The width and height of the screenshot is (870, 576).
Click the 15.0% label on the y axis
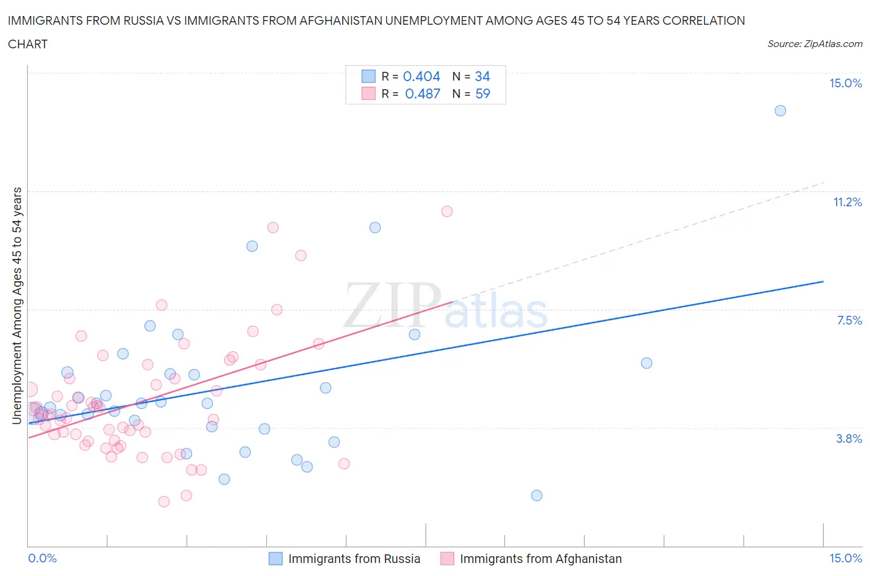(x=845, y=83)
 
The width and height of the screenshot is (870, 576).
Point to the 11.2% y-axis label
(x=847, y=202)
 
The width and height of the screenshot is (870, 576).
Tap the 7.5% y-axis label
(x=849, y=320)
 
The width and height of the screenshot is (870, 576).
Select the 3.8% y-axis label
(x=849, y=439)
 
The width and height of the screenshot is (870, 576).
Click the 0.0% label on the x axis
(x=42, y=558)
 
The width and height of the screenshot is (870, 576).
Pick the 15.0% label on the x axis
(x=845, y=558)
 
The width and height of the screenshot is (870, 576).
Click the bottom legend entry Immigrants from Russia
(x=354, y=559)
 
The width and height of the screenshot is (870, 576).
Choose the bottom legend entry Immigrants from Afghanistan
(x=540, y=559)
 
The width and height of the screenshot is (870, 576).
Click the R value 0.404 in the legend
(x=421, y=76)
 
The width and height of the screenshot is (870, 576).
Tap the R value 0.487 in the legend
(x=423, y=94)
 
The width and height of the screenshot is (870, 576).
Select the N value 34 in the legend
(x=482, y=76)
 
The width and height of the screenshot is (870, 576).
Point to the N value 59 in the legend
(x=483, y=94)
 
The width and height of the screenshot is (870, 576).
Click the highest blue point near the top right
(x=780, y=111)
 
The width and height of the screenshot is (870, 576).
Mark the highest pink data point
(x=447, y=211)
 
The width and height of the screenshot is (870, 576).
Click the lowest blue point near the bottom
(x=536, y=495)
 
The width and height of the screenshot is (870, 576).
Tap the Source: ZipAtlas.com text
(x=814, y=44)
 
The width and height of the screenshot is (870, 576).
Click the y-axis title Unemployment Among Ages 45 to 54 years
(x=17, y=305)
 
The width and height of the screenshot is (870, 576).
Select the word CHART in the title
(x=28, y=44)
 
